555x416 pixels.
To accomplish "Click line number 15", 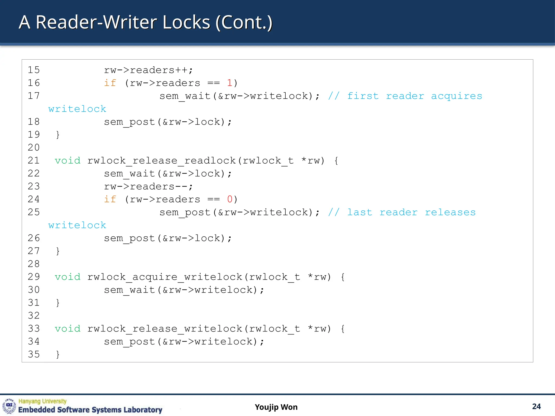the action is (x=34, y=70).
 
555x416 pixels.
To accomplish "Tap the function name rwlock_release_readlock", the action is (x=161, y=161).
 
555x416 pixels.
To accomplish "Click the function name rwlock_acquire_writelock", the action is (x=164, y=277).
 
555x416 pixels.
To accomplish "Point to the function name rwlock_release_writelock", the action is (x=164, y=329).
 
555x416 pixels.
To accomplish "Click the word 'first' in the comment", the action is (x=363, y=96).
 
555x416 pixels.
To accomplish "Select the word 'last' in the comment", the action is (x=360, y=212).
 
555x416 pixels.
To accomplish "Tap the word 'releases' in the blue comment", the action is (x=450, y=212).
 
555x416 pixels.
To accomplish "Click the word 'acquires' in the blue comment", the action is (x=457, y=96).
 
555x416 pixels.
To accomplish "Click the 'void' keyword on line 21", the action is (x=67, y=161).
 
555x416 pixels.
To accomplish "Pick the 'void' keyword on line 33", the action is (x=67, y=329).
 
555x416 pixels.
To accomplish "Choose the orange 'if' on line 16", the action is (x=110, y=83).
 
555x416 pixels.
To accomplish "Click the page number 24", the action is (x=536, y=407).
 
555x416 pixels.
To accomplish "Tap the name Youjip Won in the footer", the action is (x=276, y=407).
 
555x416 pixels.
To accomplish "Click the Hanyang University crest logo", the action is (x=9, y=406).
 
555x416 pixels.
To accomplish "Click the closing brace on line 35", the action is (x=57, y=354).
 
